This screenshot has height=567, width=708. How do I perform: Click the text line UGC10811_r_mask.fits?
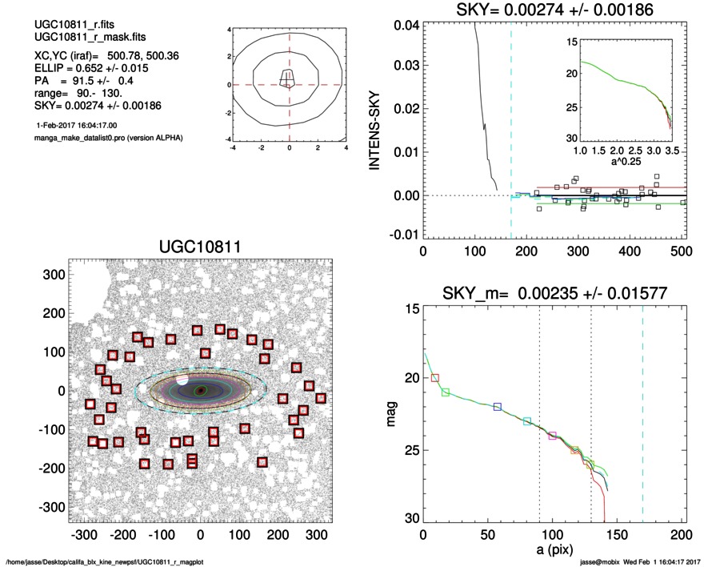pyautogui.click(x=78, y=38)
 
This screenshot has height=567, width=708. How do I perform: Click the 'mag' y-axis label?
pyautogui.click(x=391, y=417)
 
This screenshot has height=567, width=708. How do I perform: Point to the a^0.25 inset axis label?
pyautogui.click(x=627, y=163)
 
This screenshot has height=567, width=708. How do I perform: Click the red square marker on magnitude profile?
pyautogui.click(x=435, y=377)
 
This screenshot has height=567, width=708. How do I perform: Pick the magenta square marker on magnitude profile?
pyautogui.click(x=552, y=436)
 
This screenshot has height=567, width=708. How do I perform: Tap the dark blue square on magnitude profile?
pyautogui.click(x=498, y=407)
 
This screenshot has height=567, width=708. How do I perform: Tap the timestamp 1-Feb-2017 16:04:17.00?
pyautogui.click(x=77, y=126)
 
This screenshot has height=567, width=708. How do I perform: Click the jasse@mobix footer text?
pyautogui.click(x=610, y=562)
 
